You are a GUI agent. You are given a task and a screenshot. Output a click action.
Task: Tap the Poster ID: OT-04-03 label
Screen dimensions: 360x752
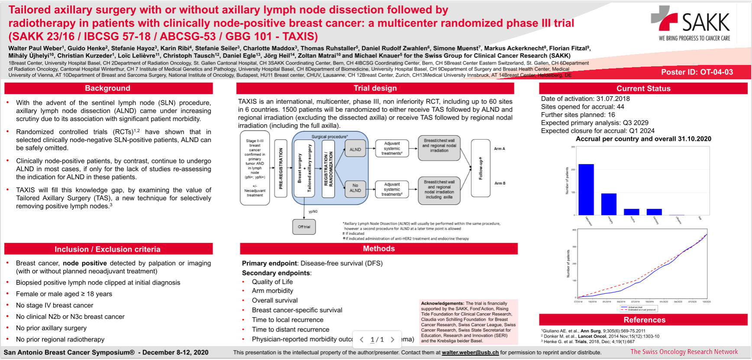click(697, 72)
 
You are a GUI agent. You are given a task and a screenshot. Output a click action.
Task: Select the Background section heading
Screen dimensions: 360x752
click(108, 88)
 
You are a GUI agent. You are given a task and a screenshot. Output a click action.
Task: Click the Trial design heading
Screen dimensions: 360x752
click(375, 88)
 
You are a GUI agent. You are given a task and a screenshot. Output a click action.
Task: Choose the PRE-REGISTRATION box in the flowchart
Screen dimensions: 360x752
click(281, 168)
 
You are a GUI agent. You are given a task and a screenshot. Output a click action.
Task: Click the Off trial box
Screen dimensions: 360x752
click(304, 227)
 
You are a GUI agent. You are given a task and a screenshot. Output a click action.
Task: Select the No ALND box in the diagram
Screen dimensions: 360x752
click(355, 188)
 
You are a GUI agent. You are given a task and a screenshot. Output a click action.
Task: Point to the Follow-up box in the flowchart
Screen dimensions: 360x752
click(481, 168)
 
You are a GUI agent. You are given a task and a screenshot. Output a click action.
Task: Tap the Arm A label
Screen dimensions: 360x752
click(499, 149)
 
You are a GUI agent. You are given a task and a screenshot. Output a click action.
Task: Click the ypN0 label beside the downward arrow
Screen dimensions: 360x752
click(313, 211)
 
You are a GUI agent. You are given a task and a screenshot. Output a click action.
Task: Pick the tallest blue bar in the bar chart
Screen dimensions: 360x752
click(586, 189)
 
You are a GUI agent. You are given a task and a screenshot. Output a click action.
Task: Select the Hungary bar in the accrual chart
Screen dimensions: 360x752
click(609, 204)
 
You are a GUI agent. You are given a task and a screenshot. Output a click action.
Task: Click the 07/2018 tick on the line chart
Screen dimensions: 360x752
click(578, 302)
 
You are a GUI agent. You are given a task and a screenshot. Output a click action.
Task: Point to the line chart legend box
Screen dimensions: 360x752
click(638, 308)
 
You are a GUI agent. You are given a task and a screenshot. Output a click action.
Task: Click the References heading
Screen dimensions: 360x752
click(644, 320)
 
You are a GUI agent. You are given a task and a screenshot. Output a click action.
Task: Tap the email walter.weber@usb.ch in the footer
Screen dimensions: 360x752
click(470, 353)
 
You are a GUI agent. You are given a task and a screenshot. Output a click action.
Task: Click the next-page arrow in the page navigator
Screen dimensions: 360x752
click(393, 340)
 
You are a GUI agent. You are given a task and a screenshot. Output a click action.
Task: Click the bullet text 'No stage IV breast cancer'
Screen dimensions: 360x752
click(55, 305)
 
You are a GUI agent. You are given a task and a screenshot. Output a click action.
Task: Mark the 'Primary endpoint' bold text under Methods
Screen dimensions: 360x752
click(269, 263)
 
